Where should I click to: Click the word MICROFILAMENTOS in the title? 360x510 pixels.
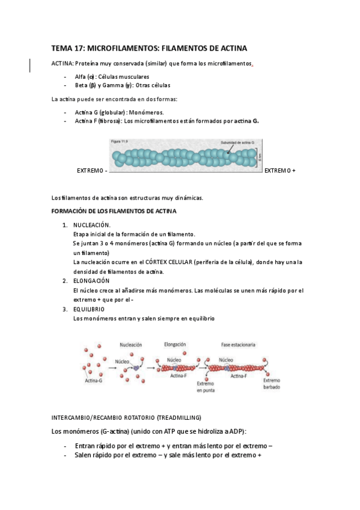[x=127, y=48]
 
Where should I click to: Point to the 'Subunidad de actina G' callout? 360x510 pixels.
[x=237, y=143]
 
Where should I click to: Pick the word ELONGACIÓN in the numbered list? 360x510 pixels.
[x=91, y=281]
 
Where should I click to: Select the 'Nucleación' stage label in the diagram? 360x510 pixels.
[x=131, y=345]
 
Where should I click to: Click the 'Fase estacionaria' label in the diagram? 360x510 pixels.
[x=238, y=345]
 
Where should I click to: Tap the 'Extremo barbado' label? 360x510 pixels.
[x=271, y=384]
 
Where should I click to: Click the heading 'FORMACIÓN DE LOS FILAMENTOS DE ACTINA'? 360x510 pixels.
[x=114, y=211]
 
